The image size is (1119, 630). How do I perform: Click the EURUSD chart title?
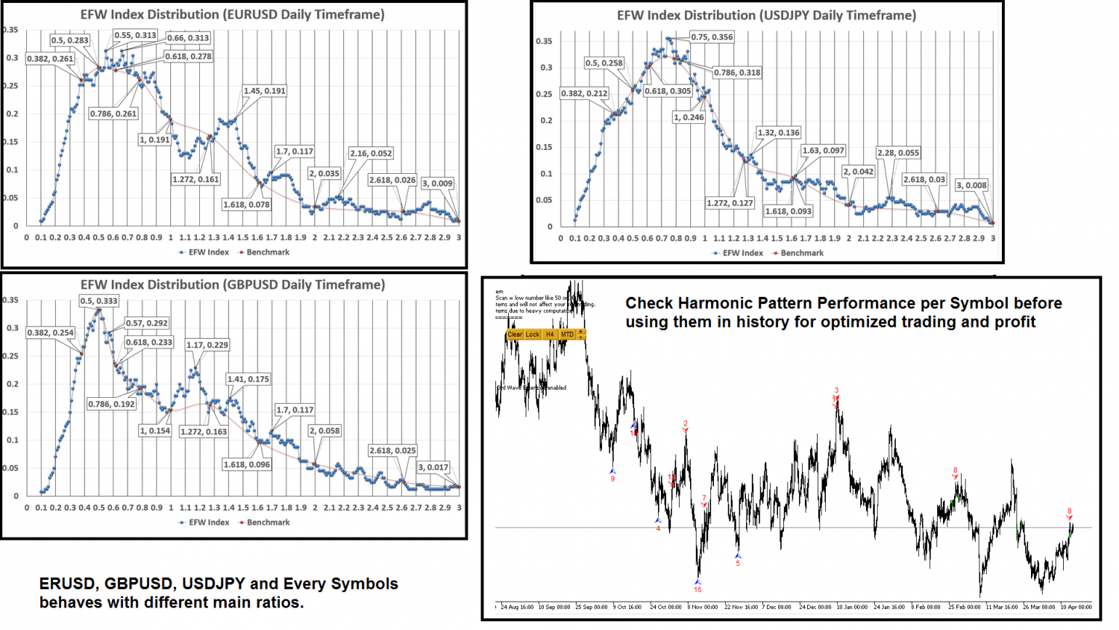coord(233,15)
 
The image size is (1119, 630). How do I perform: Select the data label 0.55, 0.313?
coord(135,35)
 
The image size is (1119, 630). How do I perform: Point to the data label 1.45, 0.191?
coord(264,91)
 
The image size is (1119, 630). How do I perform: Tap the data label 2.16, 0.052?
coord(371,153)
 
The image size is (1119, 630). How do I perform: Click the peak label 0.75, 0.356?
coord(712,37)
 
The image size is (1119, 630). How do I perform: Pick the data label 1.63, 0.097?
coord(823,151)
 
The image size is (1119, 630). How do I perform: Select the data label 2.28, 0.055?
coord(898,153)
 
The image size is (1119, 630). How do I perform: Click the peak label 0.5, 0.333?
coord(98,301)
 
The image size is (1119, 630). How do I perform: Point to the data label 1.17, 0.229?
coord(207,345)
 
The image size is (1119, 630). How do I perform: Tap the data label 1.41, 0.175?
coord(248,379)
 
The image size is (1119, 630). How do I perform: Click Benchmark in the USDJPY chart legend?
coord(802,253)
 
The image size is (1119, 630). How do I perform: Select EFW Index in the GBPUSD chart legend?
coord(209,523)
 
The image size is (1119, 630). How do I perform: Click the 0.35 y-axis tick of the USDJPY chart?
coord(544,41)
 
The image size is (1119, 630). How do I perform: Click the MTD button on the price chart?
coord(568,334)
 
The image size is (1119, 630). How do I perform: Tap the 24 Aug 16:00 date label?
coord(517,607)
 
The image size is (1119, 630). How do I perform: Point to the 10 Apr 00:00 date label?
coord(1076,607)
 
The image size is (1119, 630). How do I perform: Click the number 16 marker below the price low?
coord(698,590)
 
